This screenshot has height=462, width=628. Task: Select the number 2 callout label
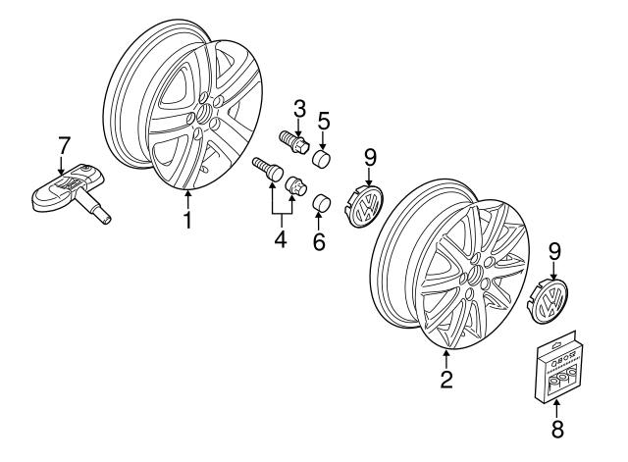(x=446, y=379)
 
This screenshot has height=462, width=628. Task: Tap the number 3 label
(x=299, y=107)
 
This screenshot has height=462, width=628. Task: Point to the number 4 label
(x=280, y=237)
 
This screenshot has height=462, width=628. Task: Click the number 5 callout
(x=323, y=124)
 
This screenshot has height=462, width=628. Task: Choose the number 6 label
(x=319, y=240)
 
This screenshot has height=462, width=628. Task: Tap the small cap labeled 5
(x=322, y=158)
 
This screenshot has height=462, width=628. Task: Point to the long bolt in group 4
(x=266, y=169)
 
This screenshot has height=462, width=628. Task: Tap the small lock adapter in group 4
(x=293, y=186)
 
